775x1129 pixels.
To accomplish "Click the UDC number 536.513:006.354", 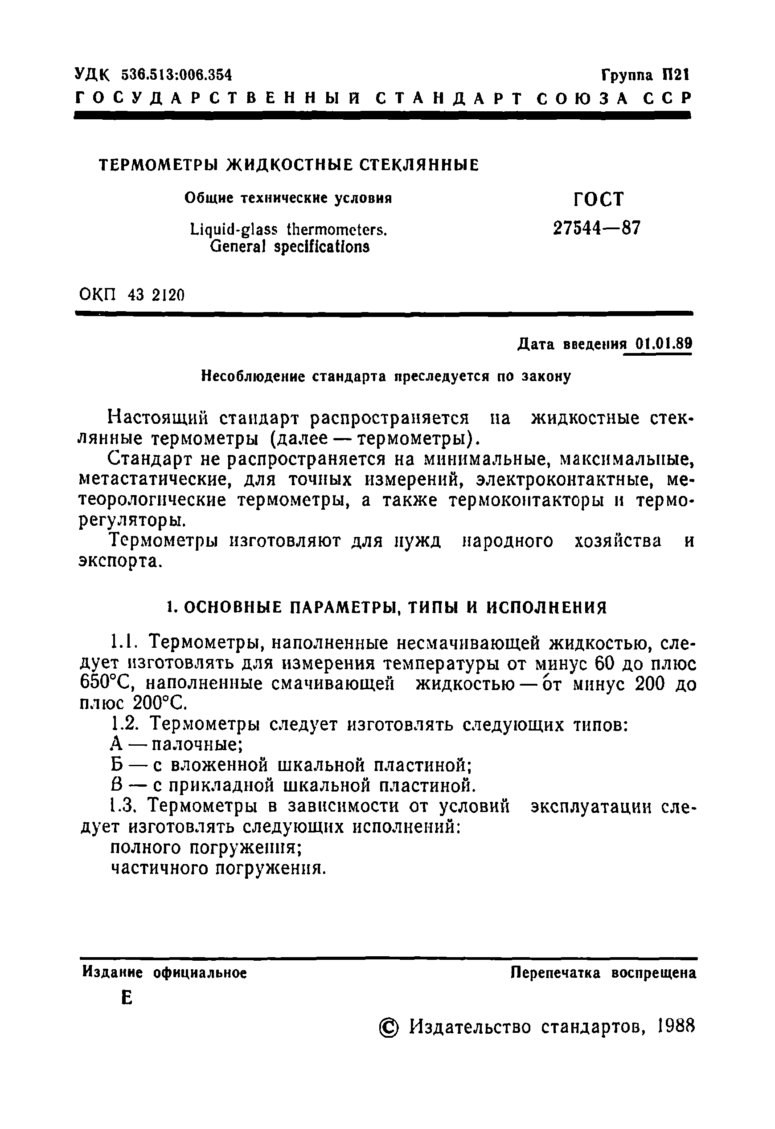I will (x=176, y=75).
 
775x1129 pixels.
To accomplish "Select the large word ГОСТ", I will (x=598, y=199).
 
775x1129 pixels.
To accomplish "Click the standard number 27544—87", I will (x=597, y=227).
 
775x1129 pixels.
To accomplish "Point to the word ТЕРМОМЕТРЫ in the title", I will (x=160, y=166).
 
